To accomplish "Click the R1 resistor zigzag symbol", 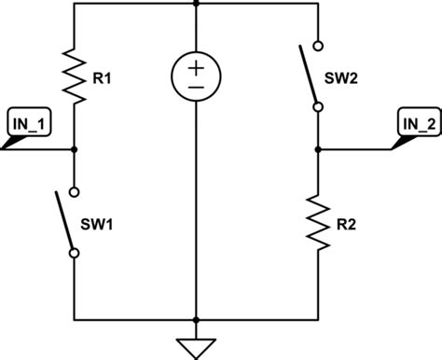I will point(73,76).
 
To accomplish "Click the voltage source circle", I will point(196,76).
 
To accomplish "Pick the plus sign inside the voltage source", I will point(196,65).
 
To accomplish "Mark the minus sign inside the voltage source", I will point(196,87).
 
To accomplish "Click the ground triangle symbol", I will point(196,348).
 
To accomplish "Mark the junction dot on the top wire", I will point(196,3).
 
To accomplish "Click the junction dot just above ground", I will point(196,318).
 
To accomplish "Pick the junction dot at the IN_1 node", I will point(73,149).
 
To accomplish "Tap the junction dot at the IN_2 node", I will point(318,149).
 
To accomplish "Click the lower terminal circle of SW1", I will point(73,253).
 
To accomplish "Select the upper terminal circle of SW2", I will point(318,44).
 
